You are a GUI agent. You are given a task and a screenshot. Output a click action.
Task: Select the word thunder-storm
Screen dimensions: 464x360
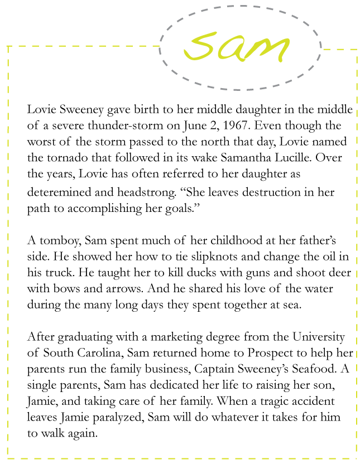coord(119,125)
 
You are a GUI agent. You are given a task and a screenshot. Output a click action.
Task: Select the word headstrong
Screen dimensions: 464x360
coord(135,192)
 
